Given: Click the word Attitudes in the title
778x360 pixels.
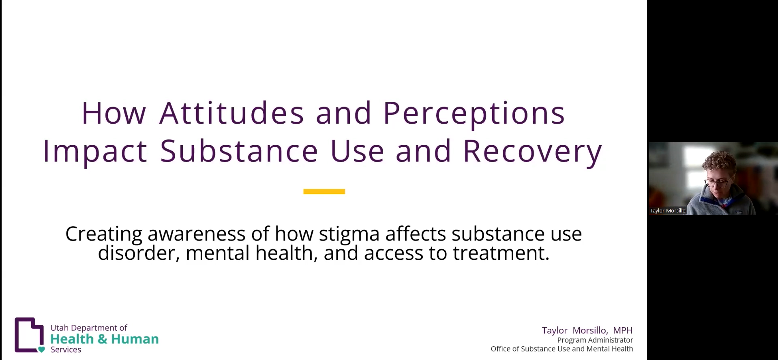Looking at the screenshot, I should tap(231, 113).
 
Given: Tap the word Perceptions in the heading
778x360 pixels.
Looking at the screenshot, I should tap(474, 113).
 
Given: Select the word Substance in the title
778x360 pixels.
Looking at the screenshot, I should tap(239, 151).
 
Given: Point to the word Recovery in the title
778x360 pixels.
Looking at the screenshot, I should tap(532, 151).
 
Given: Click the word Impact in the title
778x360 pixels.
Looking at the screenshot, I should tap(95, 151).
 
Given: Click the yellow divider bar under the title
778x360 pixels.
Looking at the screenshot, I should tap(324, 191).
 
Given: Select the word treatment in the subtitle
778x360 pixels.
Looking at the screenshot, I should tap(501, 253).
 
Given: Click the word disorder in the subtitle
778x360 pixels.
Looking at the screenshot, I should tap(139, 253).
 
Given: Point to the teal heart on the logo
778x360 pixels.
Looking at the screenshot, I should tap(41, 349).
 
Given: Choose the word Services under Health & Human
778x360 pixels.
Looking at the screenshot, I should tap(66, 350).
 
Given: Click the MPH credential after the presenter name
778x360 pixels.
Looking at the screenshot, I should tap(622, 330).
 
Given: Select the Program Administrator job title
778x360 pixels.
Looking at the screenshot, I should tap(595, 340).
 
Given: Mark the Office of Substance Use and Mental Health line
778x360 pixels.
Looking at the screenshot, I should tap(562, 349).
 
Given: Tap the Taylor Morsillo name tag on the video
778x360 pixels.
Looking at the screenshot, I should tap(667, 211).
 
